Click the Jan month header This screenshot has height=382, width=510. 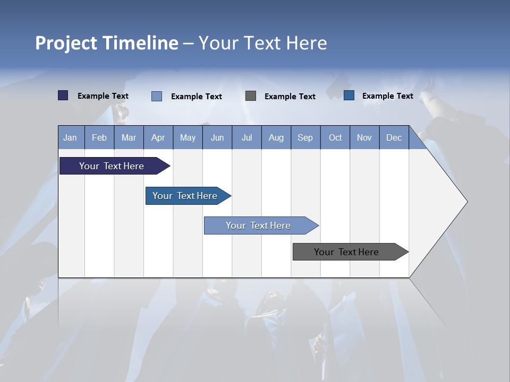[71, 137]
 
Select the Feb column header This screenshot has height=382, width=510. [99, 137]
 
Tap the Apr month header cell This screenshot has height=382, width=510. [158, 137]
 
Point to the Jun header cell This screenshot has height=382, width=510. [217, 137]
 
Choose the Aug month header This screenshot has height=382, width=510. [276, 137]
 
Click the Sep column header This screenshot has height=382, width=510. [305, 137]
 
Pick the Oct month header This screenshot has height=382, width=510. [335, 137]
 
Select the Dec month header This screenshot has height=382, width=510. [394, 137]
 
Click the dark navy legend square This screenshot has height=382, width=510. [63, 95]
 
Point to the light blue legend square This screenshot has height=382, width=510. [157, 96]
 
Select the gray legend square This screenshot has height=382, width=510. [251, 95]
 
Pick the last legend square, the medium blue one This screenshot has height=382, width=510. [349, 95]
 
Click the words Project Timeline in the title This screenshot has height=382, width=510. [107, 43]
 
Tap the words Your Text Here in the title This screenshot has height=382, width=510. [263, 43]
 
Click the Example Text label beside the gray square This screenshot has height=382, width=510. [290, 97]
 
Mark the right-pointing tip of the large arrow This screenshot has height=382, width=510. [466, 202]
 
